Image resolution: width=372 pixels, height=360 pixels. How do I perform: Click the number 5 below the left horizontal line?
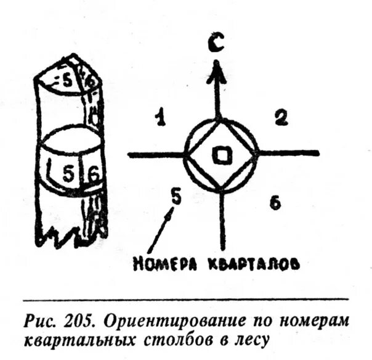(x=176, y=197)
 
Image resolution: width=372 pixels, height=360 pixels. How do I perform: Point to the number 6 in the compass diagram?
(x=275, y=203)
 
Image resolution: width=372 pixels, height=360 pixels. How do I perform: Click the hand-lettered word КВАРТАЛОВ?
(x=253, y=264)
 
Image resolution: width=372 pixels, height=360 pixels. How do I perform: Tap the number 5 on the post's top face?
(x=67, y=79)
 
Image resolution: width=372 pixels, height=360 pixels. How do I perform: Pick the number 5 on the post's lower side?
(x=70, y=174)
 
